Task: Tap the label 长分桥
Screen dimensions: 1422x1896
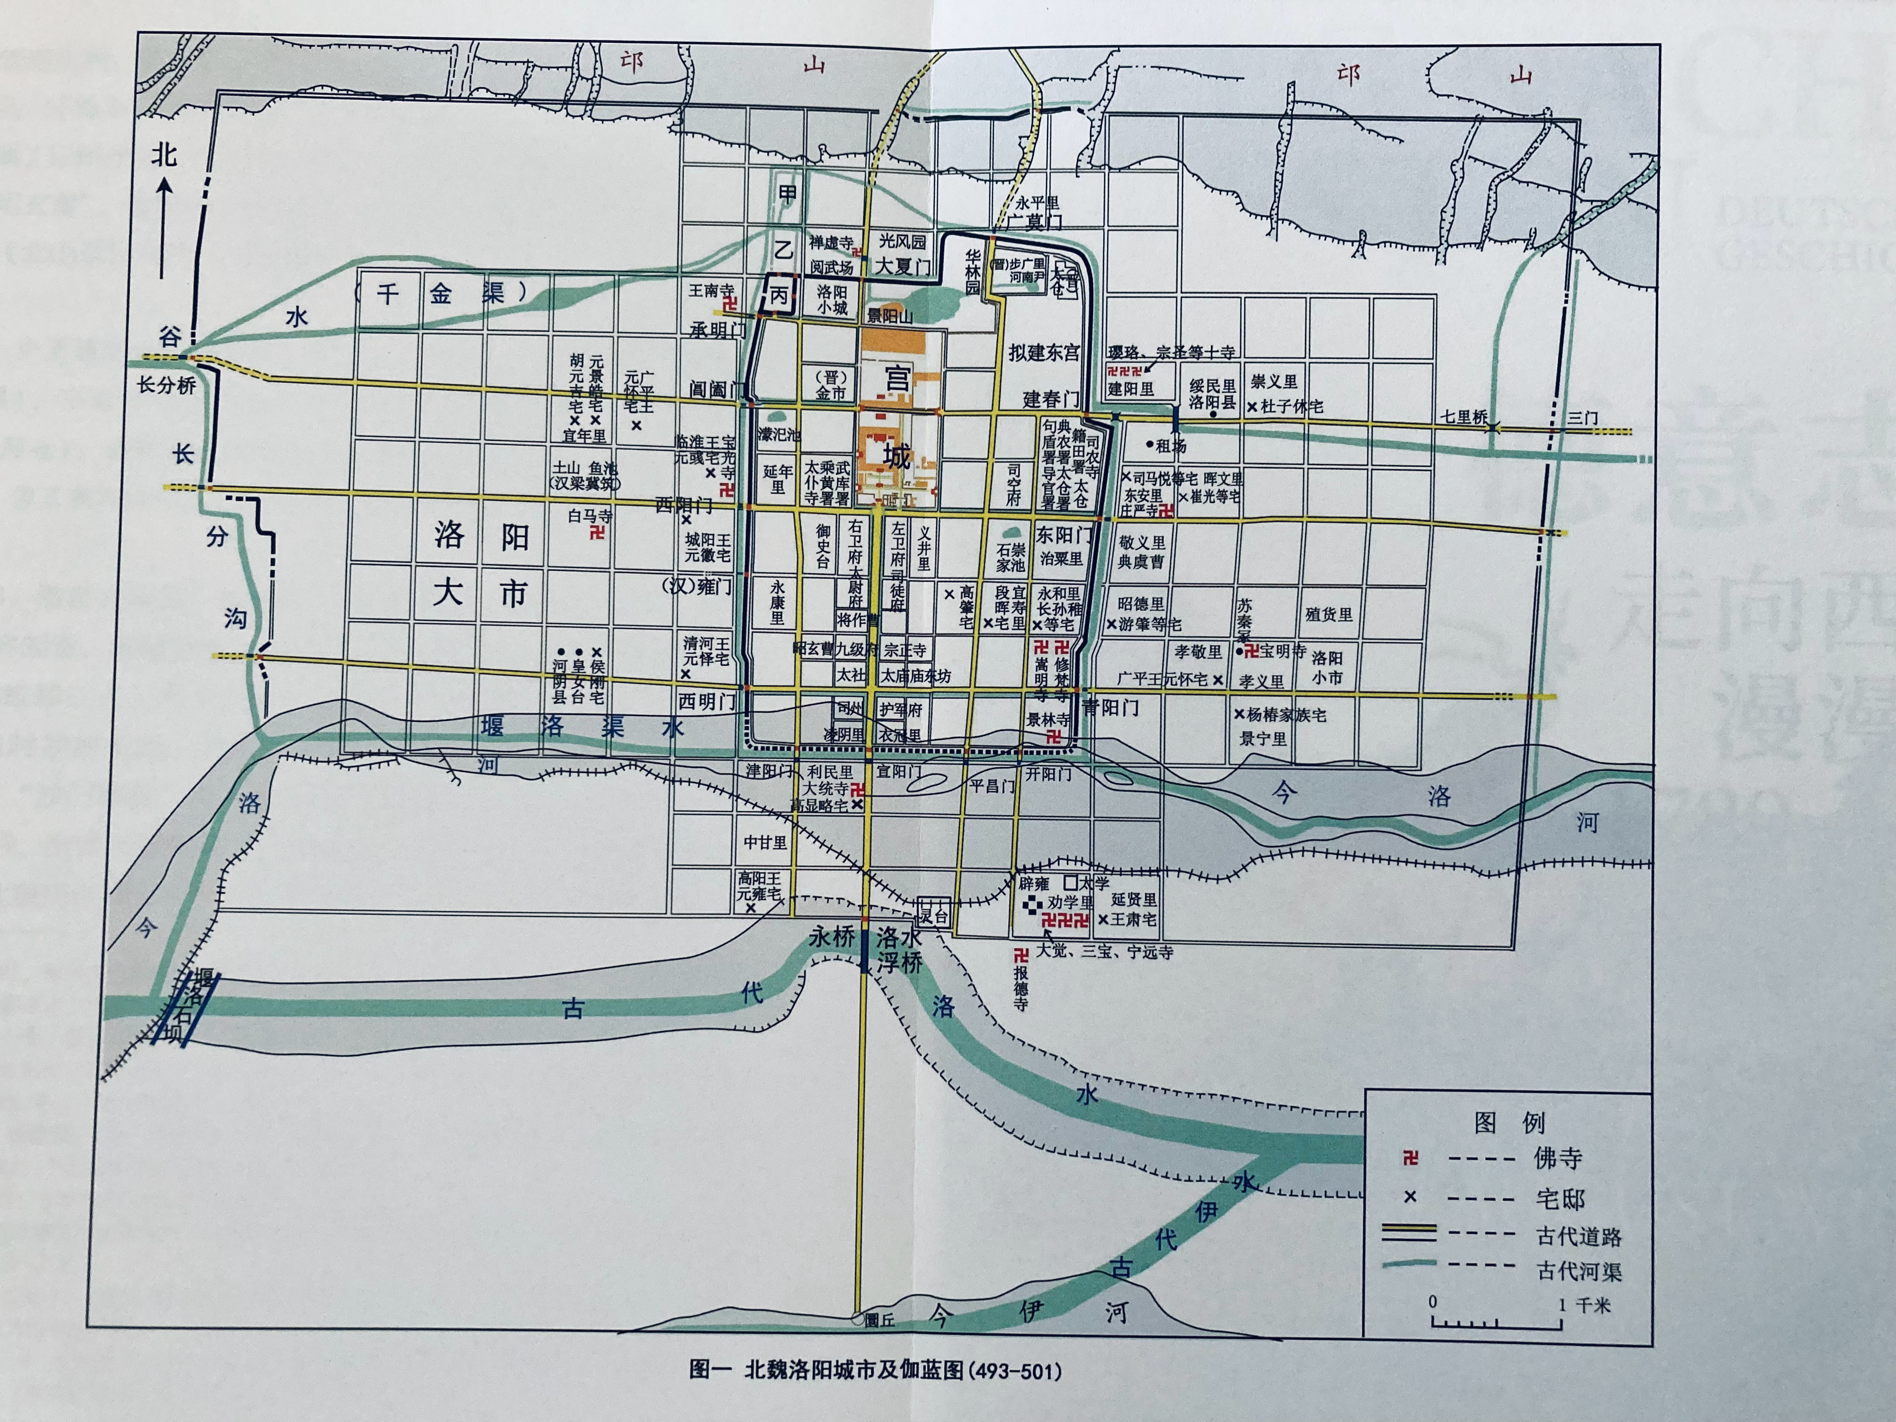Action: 167,386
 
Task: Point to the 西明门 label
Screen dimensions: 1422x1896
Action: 707,701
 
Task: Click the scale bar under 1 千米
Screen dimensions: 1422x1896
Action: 1496,1323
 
